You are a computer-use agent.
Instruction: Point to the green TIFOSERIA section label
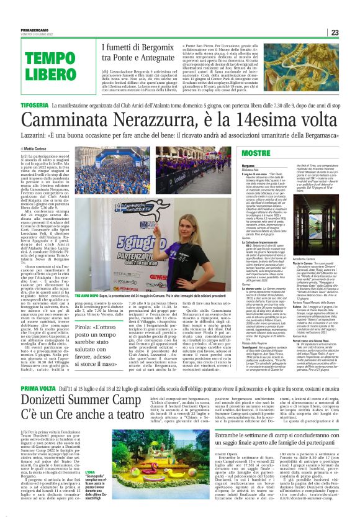pyautogui.click(x=22, y=106)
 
